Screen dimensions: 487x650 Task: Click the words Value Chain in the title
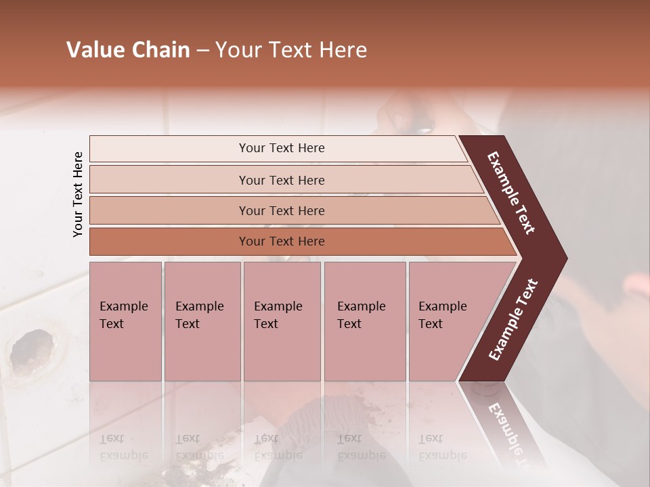tap(128, 50)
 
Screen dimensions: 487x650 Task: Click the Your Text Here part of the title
tap(291, 50)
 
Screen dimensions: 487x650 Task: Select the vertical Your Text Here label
tap(78, 194)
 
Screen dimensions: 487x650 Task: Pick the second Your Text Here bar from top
tap(282, 180)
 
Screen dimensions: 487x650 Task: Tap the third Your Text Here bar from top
tap(282, 210)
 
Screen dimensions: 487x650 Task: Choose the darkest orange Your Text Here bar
tap(282, 241)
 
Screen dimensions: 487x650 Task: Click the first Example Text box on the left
tap(125, 321)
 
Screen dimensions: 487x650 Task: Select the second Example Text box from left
tap(202, 321)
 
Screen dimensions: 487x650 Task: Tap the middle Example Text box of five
tap(282, 321)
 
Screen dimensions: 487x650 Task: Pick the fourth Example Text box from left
tap(364, 321)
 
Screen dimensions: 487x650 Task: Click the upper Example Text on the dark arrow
tap(512, 193)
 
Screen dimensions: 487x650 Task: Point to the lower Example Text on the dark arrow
tap(513, 319)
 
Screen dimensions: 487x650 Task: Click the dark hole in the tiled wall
tap(31, 349)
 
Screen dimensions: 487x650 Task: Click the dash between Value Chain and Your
tap(202, 51)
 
